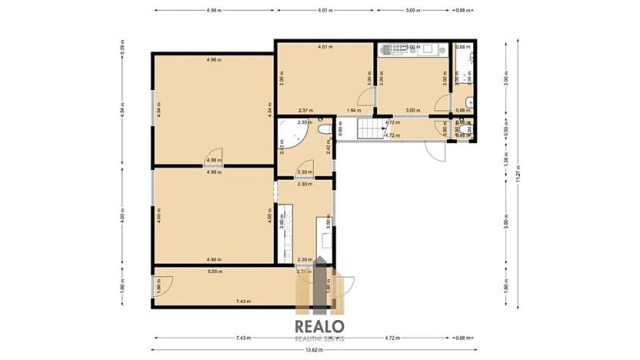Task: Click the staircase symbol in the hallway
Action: (368, 131)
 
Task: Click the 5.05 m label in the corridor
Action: (215, 271)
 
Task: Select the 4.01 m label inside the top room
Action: (325, 47)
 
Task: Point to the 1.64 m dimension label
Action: (353, 111)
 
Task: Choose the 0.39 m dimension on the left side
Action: (122, 47)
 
